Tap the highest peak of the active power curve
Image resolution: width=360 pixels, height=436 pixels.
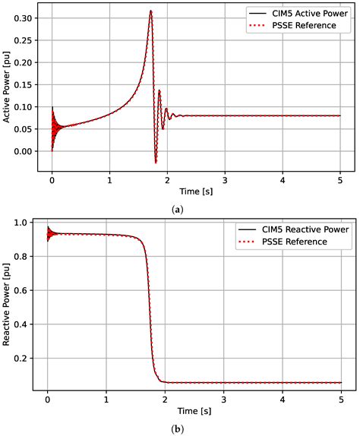tap(151, 11)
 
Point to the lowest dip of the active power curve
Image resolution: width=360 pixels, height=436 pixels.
tap(156, 162)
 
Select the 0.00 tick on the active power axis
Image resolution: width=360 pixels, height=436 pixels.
tap(24, 151)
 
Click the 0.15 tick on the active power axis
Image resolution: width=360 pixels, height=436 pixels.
tap(24, 84)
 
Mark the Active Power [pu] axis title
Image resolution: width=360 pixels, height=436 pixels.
tap(7, 89)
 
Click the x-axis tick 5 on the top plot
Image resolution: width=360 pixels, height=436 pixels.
tap(340, 182)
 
